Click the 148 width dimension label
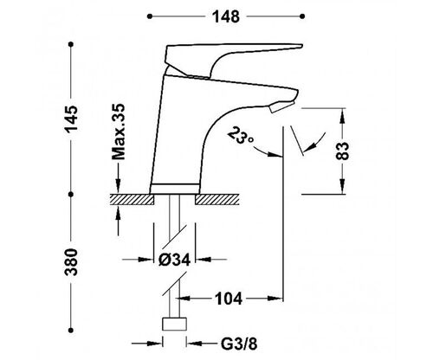(x=226, y=16)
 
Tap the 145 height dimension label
(x=71, y=119)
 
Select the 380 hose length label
(x=71, y=262)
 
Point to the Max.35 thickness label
(x=119, y=132)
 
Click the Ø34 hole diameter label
(x=174, y=260)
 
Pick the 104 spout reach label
(x=229, y=299)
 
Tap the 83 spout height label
(x=343, y=151)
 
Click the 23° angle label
(x=241, y=136)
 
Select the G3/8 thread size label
(x=239, y=344)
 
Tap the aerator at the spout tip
(x=281, y=107)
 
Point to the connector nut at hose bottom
(x=174, y=324)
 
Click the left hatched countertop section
(x=132, y=199)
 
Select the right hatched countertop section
(x=217, y=199)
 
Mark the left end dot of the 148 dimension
(x=149, y=16)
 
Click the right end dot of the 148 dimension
(x=302, y=16)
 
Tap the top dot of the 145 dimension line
(x=71, y=44)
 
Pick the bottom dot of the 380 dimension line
(x=71, y=331)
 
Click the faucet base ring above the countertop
(x=175, y=189)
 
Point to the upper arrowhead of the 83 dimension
(x=342, y=116)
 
